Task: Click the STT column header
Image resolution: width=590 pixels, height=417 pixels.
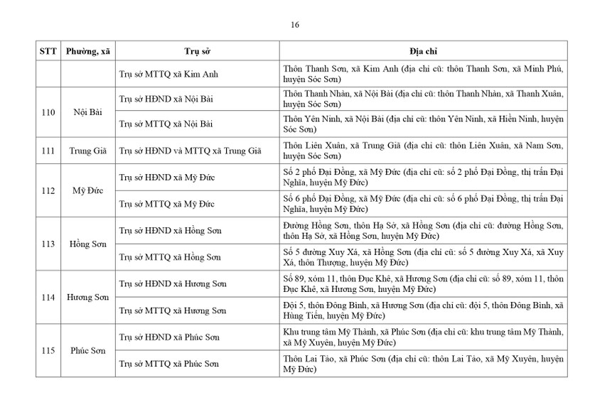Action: pyautogui.click(x=48, y=52)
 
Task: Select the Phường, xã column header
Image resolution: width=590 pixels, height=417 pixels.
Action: pyautogui.click(x=88, y=52)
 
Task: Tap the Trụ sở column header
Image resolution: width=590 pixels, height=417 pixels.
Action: pyautogui.click(x=196, y=52)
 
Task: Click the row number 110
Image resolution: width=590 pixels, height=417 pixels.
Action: pyautogui.click(x=48, y=111)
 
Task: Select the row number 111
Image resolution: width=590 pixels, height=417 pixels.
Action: pyautogui.click(x=48, y=151)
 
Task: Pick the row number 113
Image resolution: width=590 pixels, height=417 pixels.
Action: pyautogui.click(x=48, y=244)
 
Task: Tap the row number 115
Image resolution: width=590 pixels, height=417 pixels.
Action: pyautogui.click(x=48, y=351)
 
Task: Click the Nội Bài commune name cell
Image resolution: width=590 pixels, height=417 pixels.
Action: pyautogui.click(x=88, y=111)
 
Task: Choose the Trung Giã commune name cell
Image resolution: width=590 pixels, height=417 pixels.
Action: pyautogui.click(x=88, y=151)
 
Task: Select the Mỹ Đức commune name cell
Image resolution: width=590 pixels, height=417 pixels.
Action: pyautogui.click(x=88, y=190)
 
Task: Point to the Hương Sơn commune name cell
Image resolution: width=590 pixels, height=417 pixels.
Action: pyautogui.click(x=88, y=297)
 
